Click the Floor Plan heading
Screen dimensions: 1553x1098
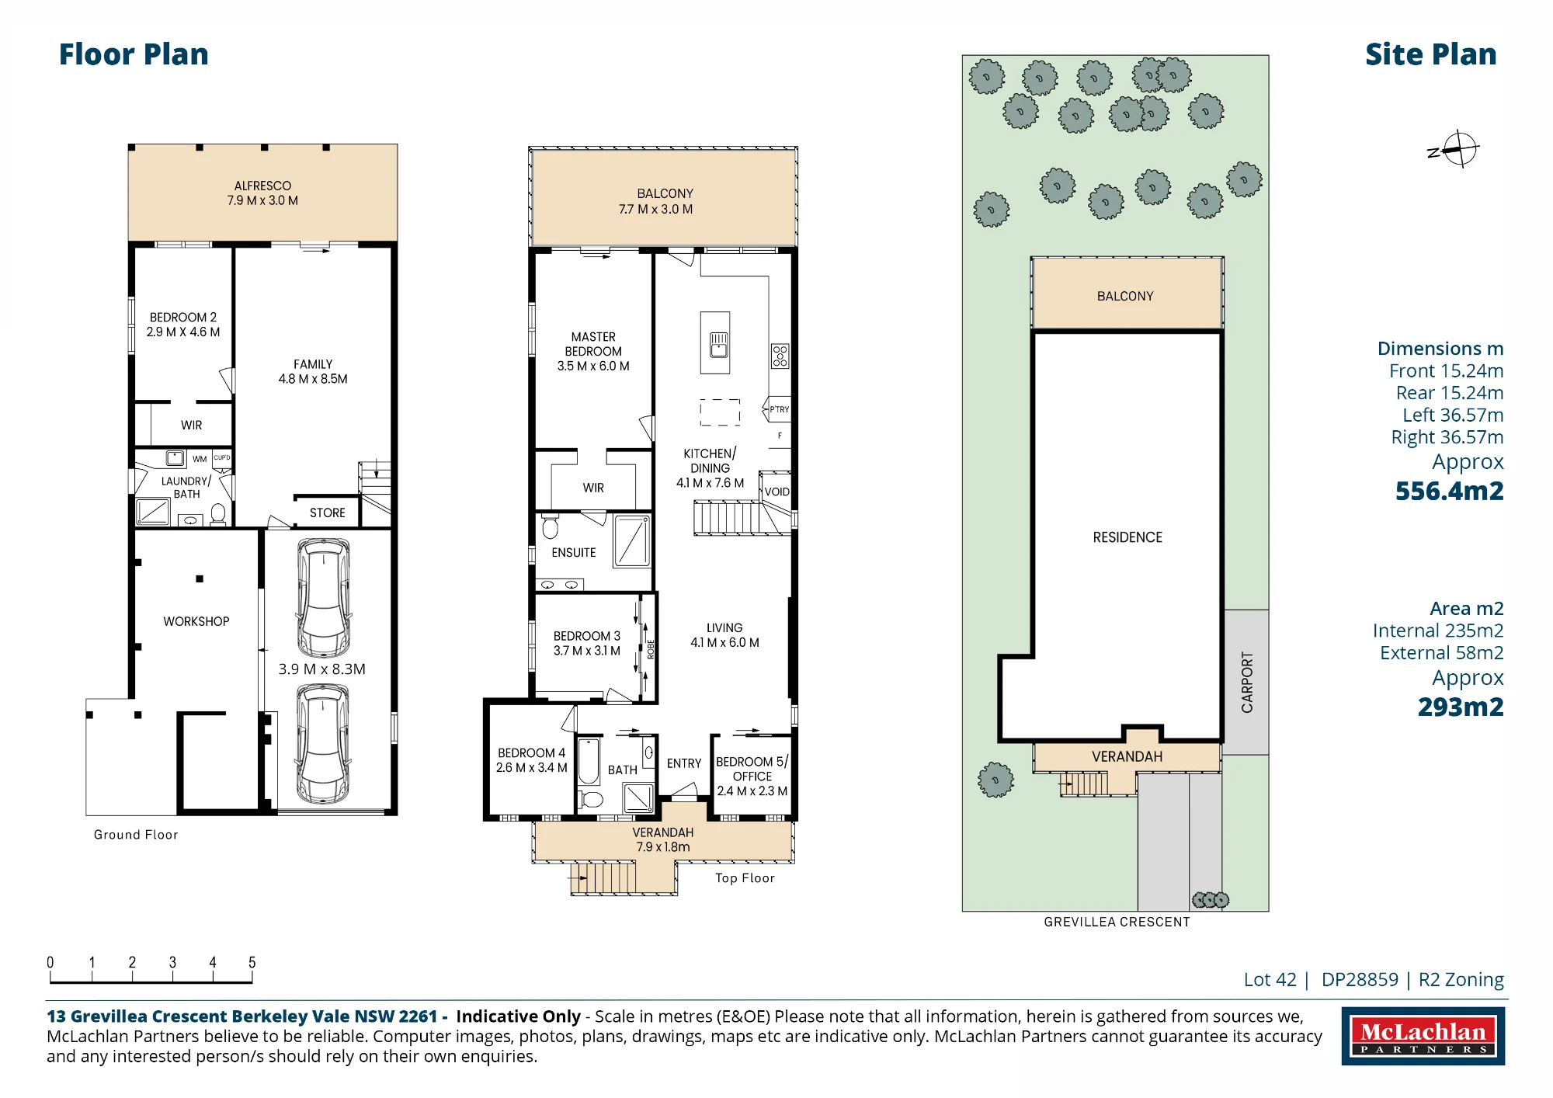click(134, 54)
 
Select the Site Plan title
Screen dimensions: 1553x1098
click(1430, 54)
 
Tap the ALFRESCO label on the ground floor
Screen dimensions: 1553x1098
click(262, 186)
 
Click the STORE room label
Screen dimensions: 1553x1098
click(327, 513)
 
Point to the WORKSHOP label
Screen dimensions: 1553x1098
click(196, 621)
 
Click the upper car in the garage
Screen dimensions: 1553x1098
click(323, 598)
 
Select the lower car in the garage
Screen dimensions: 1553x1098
click(323, 743)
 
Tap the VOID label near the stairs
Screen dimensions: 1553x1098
click(776, 492)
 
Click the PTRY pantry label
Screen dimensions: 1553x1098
click(779, 409)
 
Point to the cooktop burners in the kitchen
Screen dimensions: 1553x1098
click(780, 356)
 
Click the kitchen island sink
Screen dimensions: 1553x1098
click(719, 344)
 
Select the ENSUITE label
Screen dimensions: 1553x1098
click(574, 552)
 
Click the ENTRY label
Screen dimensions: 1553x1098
click(684, 763)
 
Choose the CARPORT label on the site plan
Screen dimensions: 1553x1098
click(1247, 682)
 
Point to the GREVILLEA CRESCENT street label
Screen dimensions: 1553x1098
click(1117, 922)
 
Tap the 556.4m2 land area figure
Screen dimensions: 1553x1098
click(1449, 491)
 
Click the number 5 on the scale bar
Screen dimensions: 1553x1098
click(252, 962)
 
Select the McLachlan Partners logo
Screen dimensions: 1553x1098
click(1423, 1036)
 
